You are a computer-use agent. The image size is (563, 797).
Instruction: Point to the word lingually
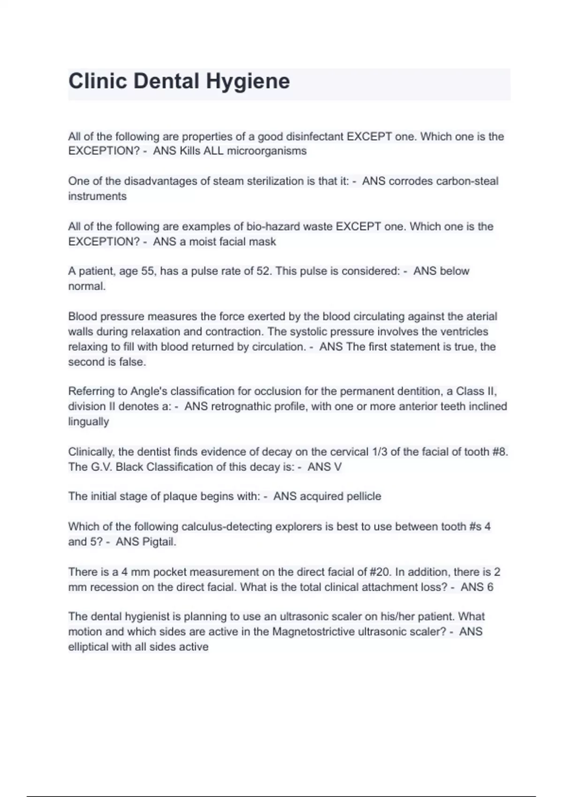pos(89,421)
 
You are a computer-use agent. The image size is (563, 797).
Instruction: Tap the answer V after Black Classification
pos(337,467)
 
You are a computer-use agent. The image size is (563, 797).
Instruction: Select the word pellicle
pos(364,496)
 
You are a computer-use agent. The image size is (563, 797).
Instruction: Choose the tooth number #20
pos(380,572)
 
